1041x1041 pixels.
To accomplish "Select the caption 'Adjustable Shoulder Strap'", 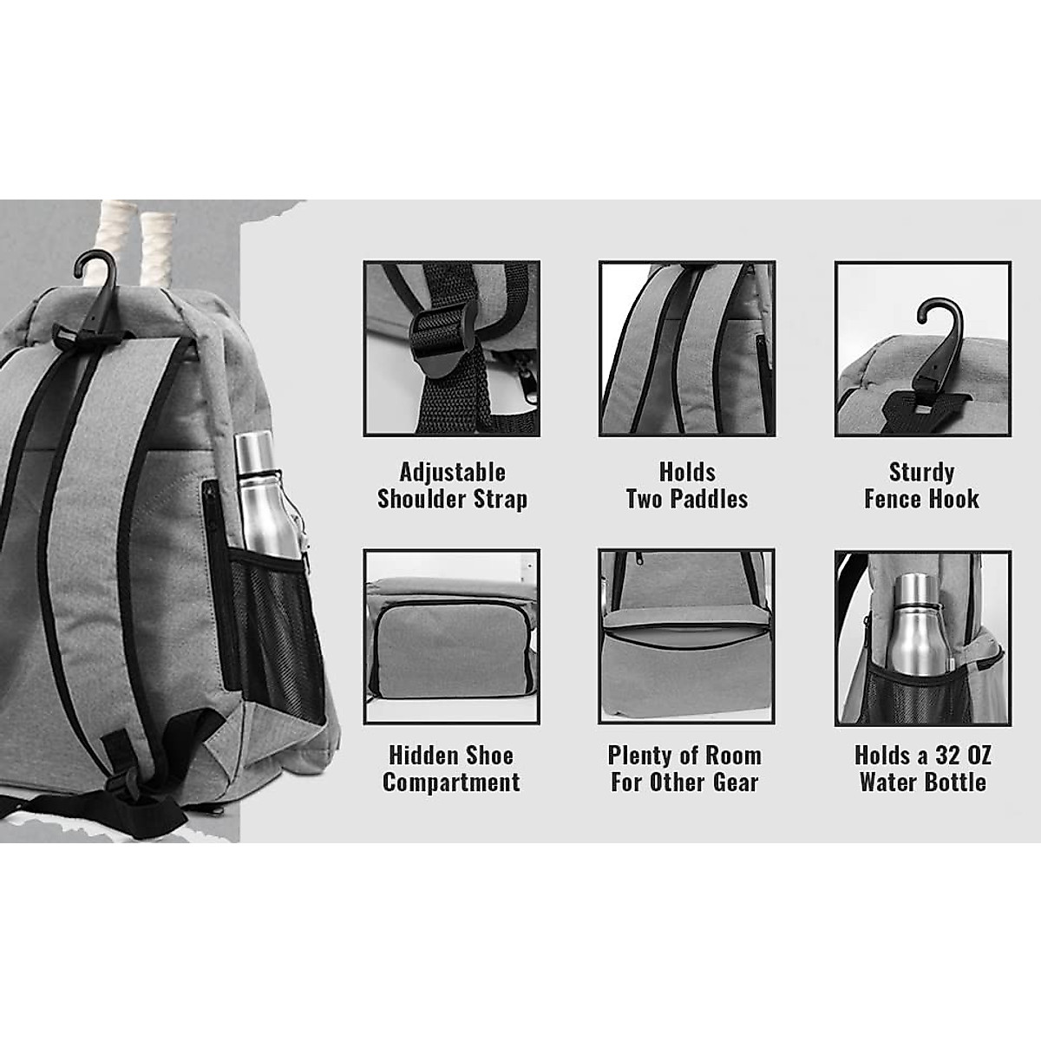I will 452,486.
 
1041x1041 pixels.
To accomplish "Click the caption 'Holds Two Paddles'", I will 687,486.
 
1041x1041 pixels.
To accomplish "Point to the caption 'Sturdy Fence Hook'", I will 921,486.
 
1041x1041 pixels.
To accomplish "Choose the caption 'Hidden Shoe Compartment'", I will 451,769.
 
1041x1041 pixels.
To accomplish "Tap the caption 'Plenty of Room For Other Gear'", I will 684,769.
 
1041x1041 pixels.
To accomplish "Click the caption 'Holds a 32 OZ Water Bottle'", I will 922,769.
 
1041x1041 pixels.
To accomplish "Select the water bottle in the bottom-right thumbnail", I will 917,625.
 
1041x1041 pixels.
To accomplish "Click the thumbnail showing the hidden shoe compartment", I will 451,637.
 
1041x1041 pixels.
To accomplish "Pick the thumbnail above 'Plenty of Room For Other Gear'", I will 685,637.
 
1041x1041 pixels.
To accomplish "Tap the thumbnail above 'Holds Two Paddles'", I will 686,349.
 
